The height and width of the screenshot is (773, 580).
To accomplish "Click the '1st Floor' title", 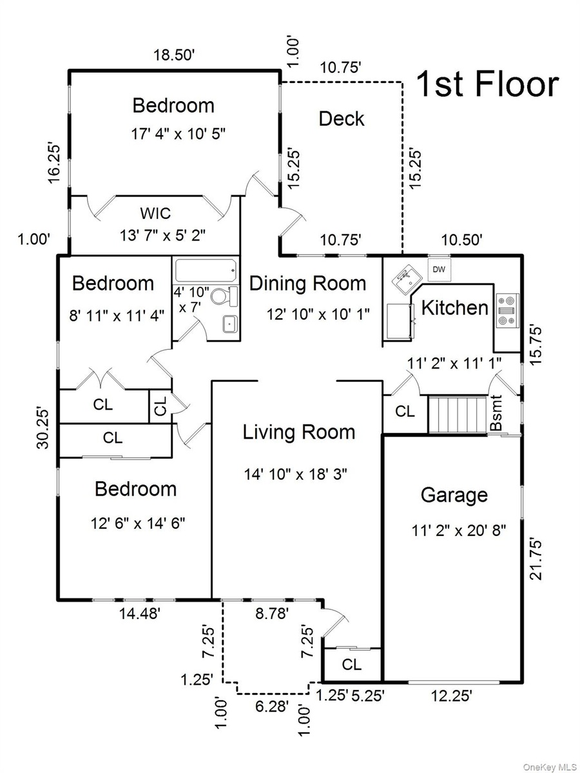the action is click(x=488, y=84).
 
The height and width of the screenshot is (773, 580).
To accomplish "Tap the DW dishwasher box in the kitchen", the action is click(x=439, y=270).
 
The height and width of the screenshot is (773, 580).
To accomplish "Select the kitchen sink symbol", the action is click(x=407, y=278).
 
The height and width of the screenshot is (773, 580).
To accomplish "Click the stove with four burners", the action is click(x=507, y=310).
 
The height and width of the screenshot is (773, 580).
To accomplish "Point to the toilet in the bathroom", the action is click(x=224, y=296).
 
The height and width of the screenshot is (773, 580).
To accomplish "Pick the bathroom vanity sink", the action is click(x=230, y=323).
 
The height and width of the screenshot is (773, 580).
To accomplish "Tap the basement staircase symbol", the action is click(x=457, y=414).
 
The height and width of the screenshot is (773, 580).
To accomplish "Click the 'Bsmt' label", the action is click(x=496, y=413).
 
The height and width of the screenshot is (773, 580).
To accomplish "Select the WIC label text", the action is click(x=155, y=213).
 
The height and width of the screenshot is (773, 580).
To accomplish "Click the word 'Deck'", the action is click(x=342, y=119).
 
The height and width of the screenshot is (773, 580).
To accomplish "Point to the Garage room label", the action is click(x=454, y=495).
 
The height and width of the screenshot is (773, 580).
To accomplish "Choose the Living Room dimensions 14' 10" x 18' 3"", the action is click(x=296, y=474).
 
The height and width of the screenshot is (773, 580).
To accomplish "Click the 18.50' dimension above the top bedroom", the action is click(x=174, y=55).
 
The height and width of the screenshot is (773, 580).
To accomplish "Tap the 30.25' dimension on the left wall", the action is click(x=43, y=428).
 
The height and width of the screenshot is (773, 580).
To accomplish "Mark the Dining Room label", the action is click(x=308, y=284).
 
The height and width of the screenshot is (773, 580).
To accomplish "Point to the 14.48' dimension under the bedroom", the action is click(x=140, y=614).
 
